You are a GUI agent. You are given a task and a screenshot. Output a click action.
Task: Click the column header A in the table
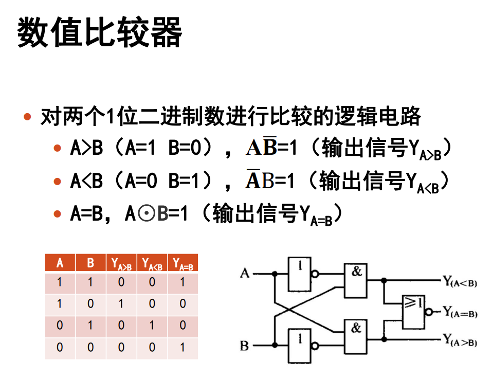coord(60,263)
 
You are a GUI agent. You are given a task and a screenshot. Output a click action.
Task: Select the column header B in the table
coord(90,263)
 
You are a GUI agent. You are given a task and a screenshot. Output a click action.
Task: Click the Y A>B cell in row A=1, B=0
coord(121,304)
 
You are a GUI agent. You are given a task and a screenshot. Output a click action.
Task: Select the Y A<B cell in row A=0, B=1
coord(152,326)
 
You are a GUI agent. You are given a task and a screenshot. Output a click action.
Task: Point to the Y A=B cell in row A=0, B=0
coord(183,348)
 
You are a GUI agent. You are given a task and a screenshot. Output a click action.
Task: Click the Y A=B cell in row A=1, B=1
coord(183,282)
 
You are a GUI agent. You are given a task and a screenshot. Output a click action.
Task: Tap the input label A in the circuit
coord(245,273)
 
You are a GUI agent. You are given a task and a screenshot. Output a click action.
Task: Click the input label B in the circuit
coord(245,346)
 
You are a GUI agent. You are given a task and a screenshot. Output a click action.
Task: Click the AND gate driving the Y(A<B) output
coord(356,281)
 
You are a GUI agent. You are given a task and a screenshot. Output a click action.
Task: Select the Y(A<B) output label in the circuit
coord(460,281)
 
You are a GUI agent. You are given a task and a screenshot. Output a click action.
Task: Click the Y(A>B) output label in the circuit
coord(460,340)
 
